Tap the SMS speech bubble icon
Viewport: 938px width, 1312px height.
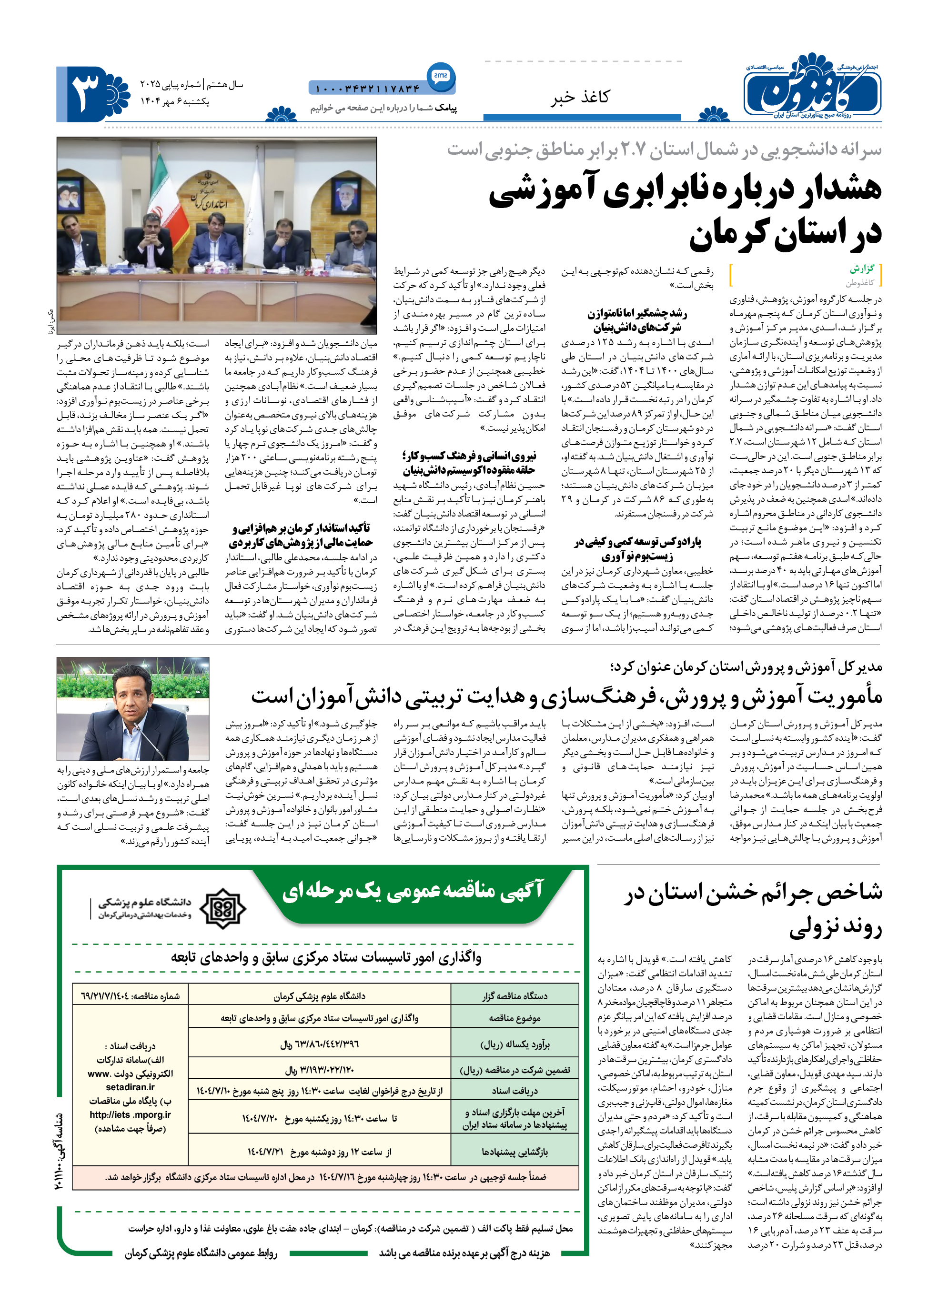click(441, 76)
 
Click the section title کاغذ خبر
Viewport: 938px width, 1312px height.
click(579, 97)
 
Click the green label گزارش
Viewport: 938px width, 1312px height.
click(862, 269)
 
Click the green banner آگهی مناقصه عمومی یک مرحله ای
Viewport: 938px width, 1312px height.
click(413, 891)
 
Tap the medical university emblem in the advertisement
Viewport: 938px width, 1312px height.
click(222, 908)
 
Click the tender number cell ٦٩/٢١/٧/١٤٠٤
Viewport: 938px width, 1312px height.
click(131, 996)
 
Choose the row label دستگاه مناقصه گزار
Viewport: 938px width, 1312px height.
click(514, 996)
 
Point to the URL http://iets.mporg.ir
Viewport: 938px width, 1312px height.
click(130, 1114)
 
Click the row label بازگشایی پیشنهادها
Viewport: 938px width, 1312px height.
click(514, 1152)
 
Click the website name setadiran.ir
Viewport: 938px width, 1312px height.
click(130, 1087)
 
